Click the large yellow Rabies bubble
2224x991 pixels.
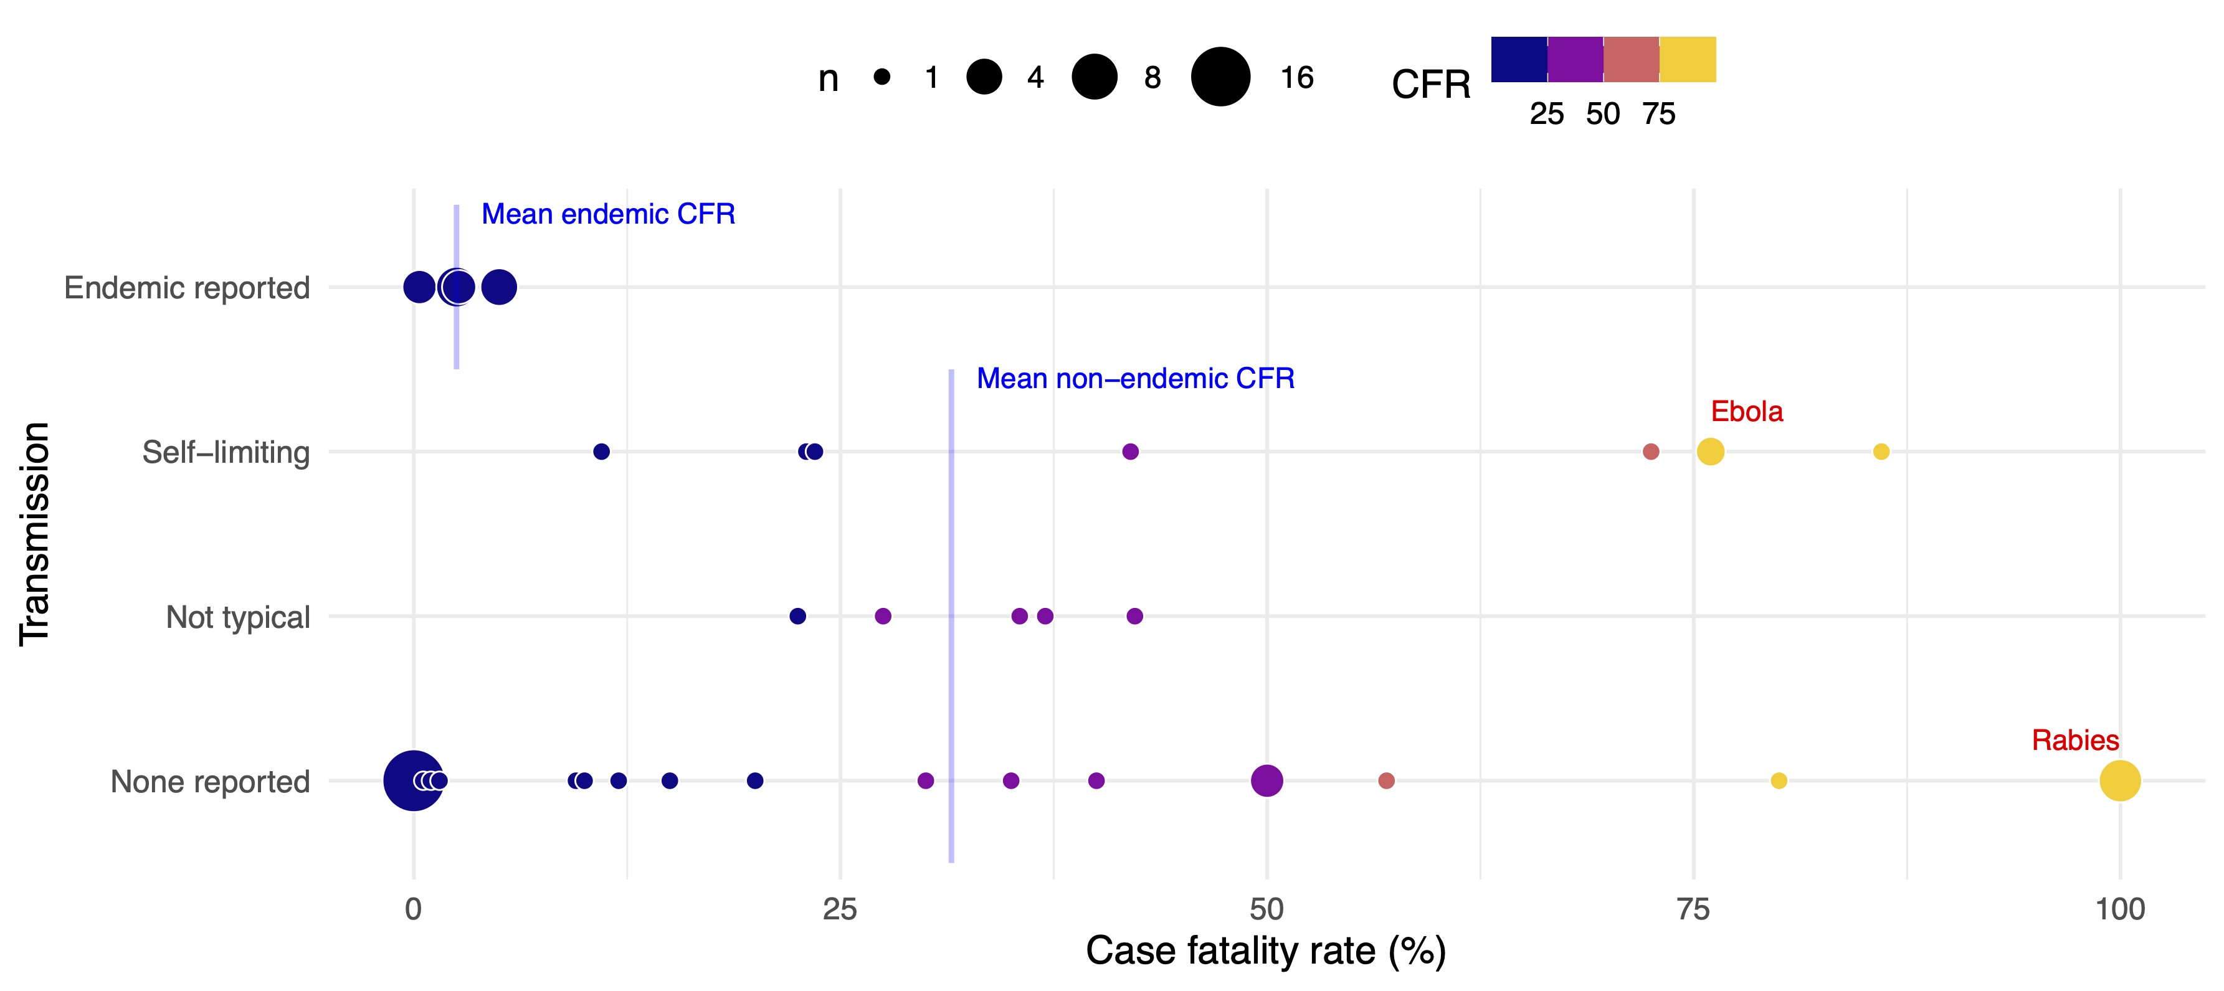(x=2119, y=780)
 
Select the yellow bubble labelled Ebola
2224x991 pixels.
(x=1709, y=452)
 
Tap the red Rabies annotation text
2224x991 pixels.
(x=2074, y=740)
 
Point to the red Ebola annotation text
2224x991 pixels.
(x=1747, y=411)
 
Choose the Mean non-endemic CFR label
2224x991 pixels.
(x=1134, y=378)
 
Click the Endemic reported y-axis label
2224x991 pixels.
(x=186, y=288)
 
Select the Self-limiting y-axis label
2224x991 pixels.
(x=226, y=452)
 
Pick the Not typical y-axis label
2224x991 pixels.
(x=237, y=617)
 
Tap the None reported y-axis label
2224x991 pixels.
(x=210, y=781)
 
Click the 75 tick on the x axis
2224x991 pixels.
(x=1693, y=908)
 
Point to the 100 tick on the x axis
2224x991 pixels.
(x=2119, y=908)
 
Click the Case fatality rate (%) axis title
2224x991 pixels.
(x=1266, y=951)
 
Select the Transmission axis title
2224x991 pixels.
(x=34, y=533)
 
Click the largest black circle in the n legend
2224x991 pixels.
(x=1220, y=77)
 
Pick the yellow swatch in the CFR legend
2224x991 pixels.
(x=1688, y=60)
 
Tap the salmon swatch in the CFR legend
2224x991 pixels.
(x=1631, y=60)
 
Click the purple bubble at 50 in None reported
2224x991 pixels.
(x=1266, y=780)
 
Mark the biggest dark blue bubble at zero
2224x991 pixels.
(x=412, y=780)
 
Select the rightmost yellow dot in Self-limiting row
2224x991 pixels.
(x=1880, y=452)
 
